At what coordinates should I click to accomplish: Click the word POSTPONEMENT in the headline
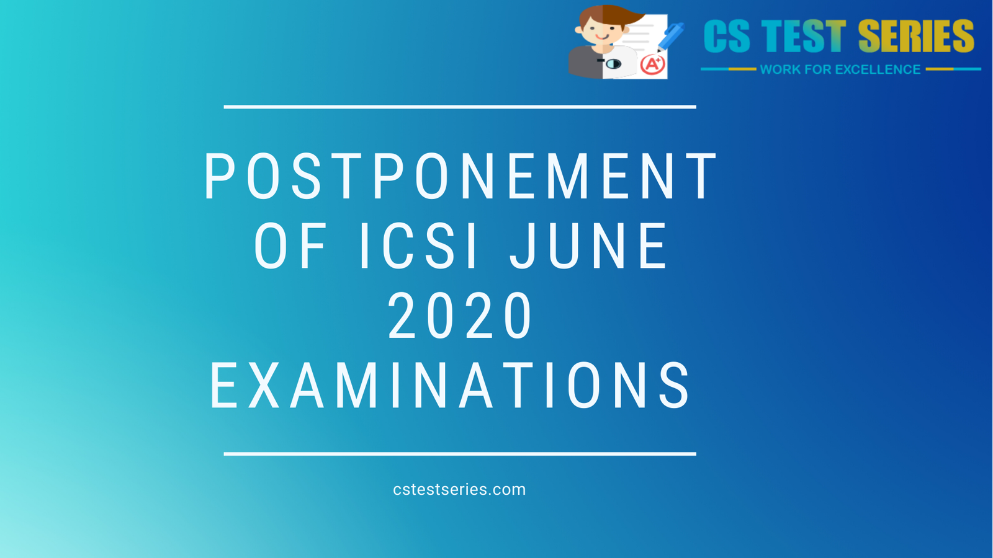(x=460, y=177)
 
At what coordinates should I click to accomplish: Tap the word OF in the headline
(x=290, y=247)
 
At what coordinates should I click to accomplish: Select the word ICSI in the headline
(x=420, y=247)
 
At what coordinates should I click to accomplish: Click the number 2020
(x=460, y=316)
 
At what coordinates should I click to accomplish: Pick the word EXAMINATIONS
(x=451, y=386)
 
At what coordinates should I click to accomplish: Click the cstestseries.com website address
(x=459, y=490)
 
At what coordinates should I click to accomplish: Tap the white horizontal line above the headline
(x=460, y=107)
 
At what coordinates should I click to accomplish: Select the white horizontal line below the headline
(x=460, y=454)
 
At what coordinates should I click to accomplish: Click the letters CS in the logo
(x=727, y=37)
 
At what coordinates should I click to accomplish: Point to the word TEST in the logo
(x=803, y=37)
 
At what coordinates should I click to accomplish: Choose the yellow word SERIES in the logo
(x=916, y=37)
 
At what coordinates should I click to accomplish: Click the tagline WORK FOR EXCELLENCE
(x=840, y=69)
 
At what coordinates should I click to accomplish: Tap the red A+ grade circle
(x=652, y=64)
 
